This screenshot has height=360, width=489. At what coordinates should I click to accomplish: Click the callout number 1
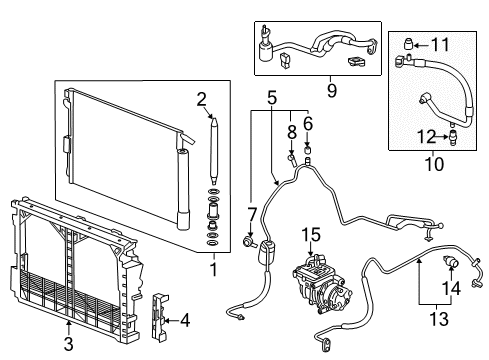coord(214,269)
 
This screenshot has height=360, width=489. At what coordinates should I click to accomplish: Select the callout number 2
coord(201,99)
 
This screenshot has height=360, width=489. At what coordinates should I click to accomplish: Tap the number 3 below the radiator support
coord(68,344)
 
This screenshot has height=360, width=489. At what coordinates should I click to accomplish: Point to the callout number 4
coord(185,320)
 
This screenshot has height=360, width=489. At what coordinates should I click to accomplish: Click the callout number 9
coord(331,91)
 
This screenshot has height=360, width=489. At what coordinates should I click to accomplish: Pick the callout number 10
coord(434,164)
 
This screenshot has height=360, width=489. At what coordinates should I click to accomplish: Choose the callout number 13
coord(439,319)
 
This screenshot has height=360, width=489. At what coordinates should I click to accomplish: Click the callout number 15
coord(311,235)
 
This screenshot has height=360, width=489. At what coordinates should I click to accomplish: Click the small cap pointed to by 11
coord(409,44)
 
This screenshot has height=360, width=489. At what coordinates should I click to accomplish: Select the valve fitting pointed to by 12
coord(453,137)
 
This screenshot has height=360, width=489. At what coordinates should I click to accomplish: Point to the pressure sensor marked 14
coord(450,262)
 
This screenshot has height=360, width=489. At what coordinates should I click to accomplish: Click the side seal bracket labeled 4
coord(159,316)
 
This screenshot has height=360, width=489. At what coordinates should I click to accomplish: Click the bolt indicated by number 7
coord(249,241)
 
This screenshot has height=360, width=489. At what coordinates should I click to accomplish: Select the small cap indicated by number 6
coord(308,148)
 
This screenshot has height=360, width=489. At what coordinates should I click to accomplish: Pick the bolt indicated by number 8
coord(292,158)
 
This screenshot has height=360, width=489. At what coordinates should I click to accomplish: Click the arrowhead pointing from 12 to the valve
coord(446,137)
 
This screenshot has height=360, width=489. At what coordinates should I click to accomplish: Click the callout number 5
coord(272,98)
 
